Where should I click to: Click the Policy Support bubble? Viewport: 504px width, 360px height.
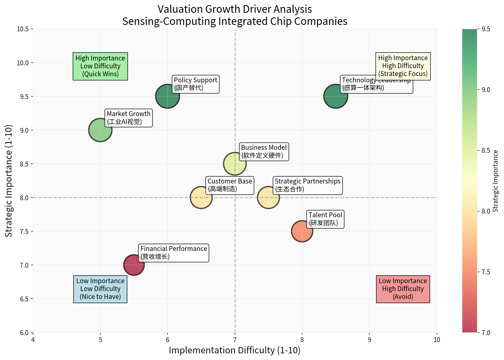[x=167, y=96]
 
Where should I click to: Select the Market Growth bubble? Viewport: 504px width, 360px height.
[x=100, y=130]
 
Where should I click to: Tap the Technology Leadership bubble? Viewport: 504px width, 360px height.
[x=336, y=96]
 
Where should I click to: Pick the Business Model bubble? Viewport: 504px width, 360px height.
[x=235, y=164]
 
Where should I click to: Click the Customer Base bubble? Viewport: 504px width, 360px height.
[x=201, y=197]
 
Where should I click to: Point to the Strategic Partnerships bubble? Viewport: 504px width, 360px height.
[x=268, y=197]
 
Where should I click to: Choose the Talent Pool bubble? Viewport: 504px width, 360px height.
[x=302, y=231]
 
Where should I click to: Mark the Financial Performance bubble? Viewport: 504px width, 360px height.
[x=134, y=265]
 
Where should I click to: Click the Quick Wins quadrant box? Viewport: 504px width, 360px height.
[x=100, y=66]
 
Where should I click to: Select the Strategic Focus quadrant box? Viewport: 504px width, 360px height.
[x=403, y=66]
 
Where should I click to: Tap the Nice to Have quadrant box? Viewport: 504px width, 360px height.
[x=100, y=289]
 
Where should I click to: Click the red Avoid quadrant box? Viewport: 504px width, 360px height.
[x=403, y=289]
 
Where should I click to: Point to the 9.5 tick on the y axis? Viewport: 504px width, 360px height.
[x=25, y=97]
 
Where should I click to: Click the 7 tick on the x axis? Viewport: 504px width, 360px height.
[x=235, y=340]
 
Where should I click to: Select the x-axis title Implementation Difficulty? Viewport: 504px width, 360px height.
[x=235, y=350]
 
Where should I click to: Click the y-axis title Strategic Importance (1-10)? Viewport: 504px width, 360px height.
[x=9, y=181]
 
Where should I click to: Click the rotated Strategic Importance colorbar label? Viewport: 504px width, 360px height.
[x=495, y=181]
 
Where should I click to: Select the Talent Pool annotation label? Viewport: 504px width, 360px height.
[x=325, y=219]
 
